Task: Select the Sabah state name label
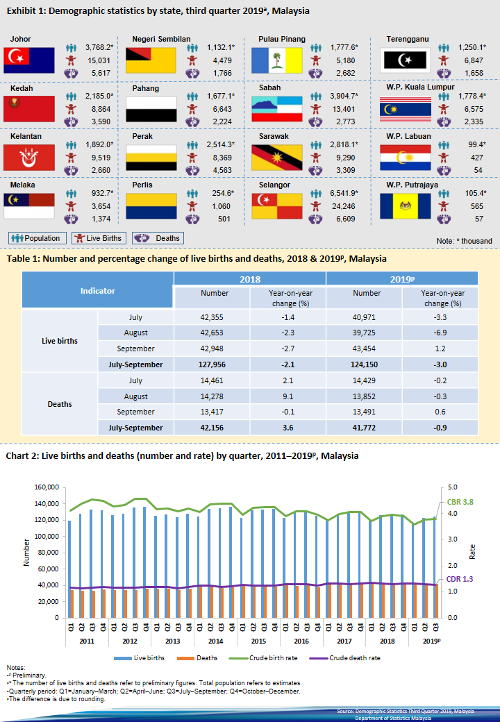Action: (270, 88)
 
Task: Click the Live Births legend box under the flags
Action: (99, 238)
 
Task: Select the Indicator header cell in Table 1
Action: (98, 291)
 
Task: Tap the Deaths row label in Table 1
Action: (60, 404)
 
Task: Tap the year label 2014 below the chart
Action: (215, 641)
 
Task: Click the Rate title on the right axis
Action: (473, 552)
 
